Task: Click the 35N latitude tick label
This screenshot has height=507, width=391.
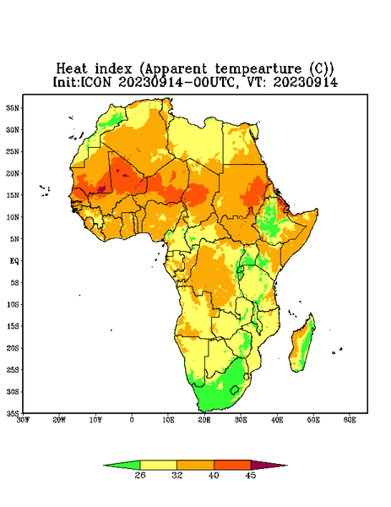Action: coord(13,108)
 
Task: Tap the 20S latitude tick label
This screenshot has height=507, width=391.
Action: coord(13,348)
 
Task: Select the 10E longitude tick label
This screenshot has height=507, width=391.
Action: coord(168,420)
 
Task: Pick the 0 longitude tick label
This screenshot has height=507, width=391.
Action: coord(132,420)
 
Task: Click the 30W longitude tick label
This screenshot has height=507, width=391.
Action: coord(23,420)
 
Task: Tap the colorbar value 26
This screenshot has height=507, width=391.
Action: coord(140,475)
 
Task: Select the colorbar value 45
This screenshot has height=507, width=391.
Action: coord(251,475)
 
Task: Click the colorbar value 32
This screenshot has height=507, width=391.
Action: coord(177,475)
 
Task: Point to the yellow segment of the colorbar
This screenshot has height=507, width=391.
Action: coord(158,465)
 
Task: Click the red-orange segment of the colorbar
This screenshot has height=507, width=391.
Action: coord(232,465)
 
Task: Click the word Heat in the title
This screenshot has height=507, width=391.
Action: coord(72,69)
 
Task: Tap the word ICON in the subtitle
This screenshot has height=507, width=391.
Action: coord(95,82)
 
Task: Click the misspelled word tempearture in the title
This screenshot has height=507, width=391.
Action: coord(258,69)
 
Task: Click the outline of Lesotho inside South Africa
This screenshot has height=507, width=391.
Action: coord(231,390)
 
